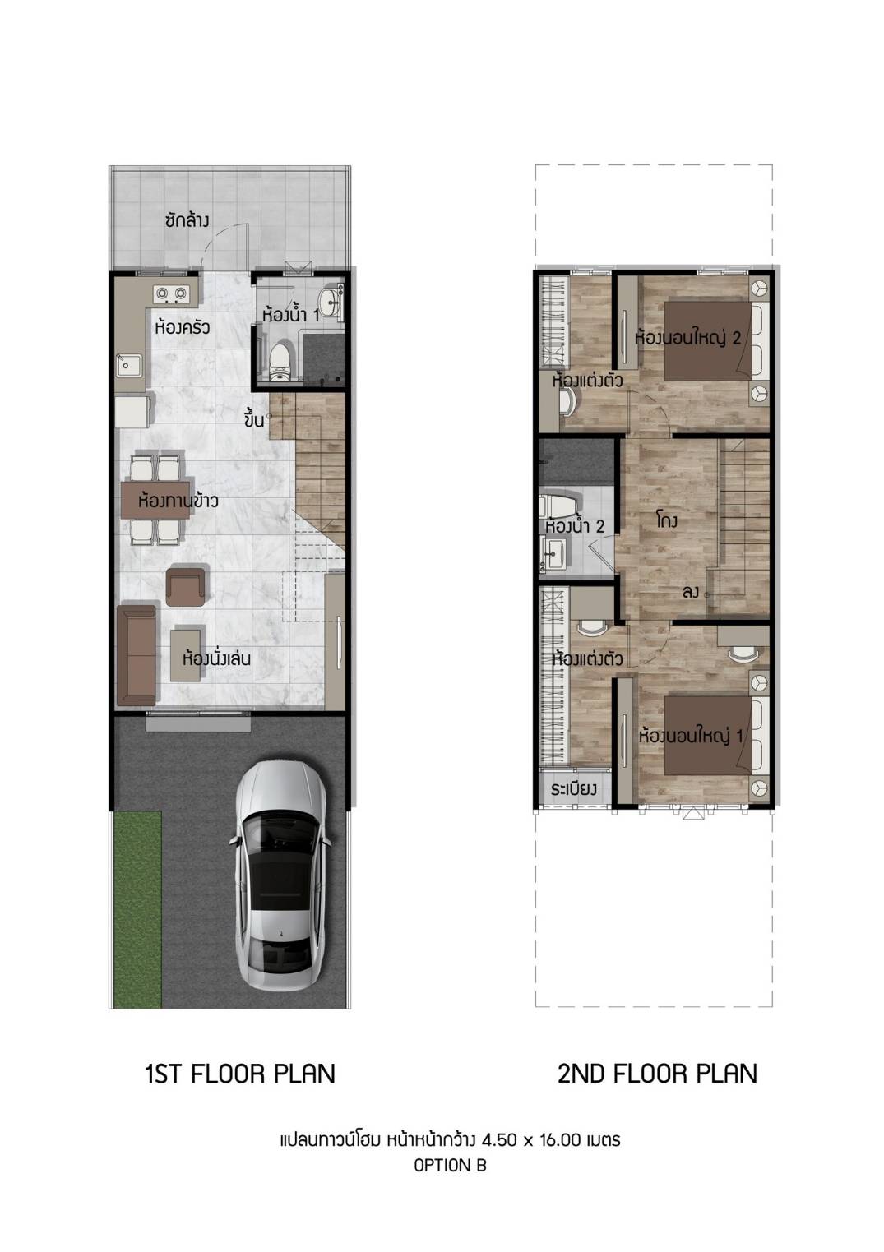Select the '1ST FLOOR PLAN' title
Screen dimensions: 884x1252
click(x=240, y=1074)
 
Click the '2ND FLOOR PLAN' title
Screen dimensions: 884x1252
click(x=657, y=1074)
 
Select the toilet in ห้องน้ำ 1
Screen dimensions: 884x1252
click(x=279, y=363)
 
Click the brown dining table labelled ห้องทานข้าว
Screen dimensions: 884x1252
click(x=158, y=500)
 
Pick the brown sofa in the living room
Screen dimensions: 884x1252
click(x=137, y=654)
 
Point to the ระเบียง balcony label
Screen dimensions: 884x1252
click(x=574, y=790)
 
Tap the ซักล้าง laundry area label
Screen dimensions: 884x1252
click(x=187, y=221)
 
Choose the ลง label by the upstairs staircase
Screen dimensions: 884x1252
click(x=691, y=593)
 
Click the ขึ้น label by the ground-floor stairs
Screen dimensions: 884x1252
click(x=254, y=419)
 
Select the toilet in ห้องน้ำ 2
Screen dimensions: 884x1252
click(x=557, y=506)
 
